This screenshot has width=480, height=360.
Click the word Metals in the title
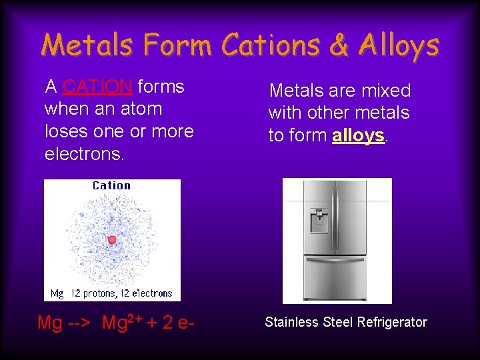coord(86,45)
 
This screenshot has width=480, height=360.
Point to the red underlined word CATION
coord(99,87)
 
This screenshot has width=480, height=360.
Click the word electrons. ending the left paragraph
coord(84,154)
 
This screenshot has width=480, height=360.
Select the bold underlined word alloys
coord(359,135)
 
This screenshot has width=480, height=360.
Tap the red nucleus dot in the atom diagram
coord(112,239)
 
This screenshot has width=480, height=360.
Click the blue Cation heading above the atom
coord(111,185)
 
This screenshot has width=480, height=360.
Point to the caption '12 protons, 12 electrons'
coord(125,293)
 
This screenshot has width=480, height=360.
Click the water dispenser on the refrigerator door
coord(319,221)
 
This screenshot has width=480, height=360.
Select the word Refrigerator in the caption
coord(392,322)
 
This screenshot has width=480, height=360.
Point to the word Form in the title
coord(179,45)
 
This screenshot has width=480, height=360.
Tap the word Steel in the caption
coord(337,322)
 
